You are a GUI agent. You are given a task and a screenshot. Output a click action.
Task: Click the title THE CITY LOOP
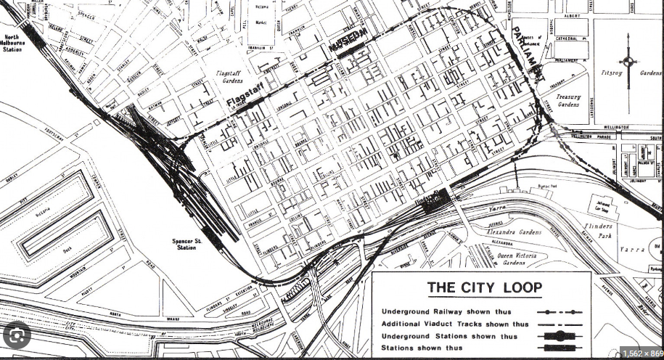click(485, 287)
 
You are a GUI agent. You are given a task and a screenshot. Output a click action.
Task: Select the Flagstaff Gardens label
click(234, 77)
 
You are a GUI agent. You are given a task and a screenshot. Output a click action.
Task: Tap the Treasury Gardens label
click(568, 100)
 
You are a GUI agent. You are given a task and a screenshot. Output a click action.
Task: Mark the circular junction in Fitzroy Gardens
click(628, 61)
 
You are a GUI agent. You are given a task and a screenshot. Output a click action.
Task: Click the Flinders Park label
click(598, 231)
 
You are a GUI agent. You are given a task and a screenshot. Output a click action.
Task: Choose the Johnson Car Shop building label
click(599, 201)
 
